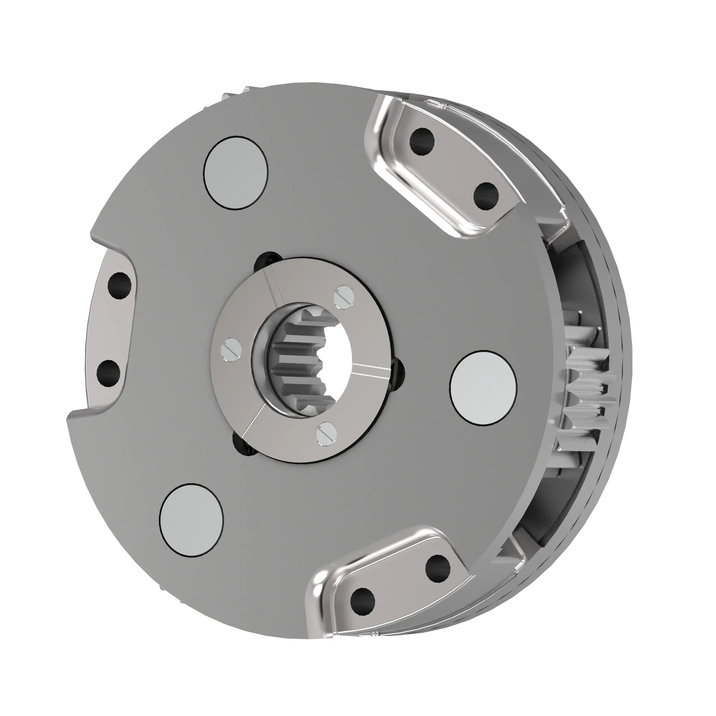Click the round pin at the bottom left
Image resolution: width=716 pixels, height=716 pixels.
coord(191,519)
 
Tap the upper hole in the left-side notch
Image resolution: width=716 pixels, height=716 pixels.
coord(119,284)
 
